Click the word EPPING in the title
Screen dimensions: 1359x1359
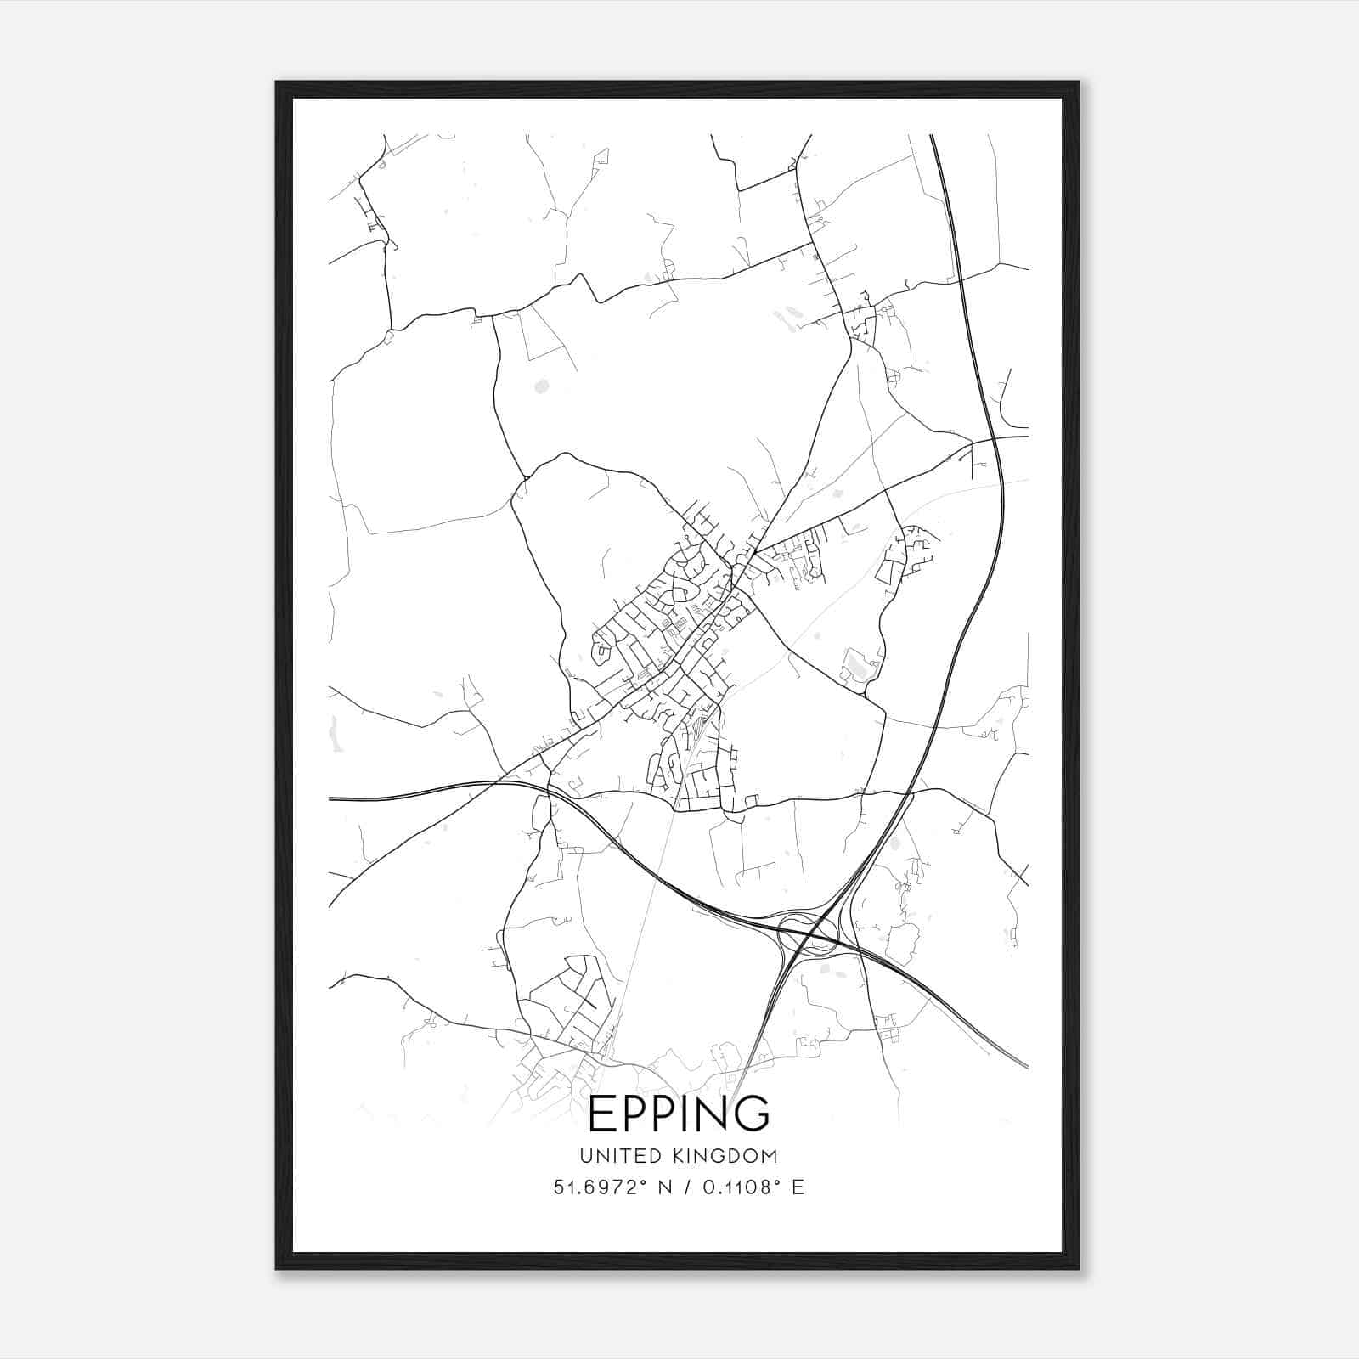pos(679,1114)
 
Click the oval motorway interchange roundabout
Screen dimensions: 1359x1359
pos(807,935)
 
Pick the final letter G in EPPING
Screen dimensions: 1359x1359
pos(752,1114)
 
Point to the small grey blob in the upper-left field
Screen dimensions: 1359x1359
pos(541,386)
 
